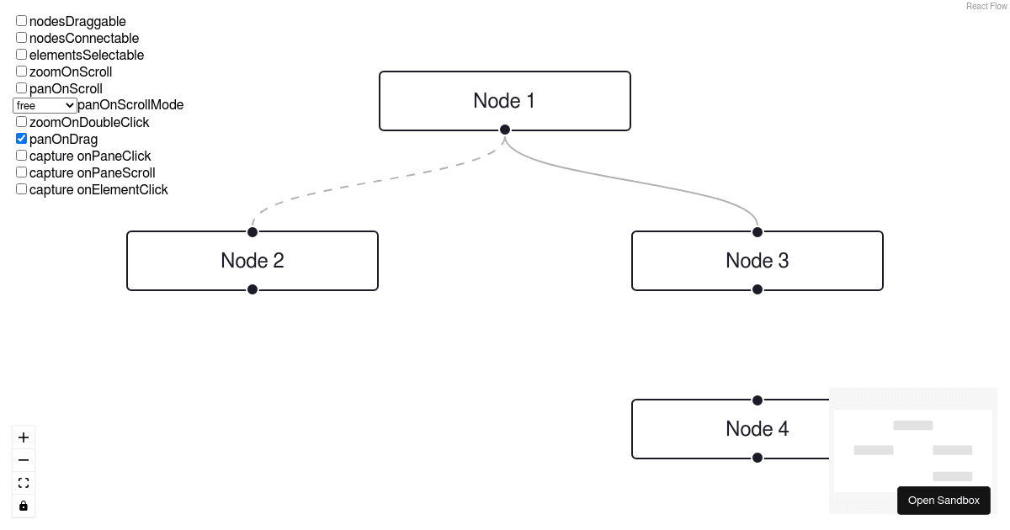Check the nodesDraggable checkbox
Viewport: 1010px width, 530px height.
pyautogui.click(x=22, y=21)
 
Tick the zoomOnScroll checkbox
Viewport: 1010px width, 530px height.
pyautogui.click(x=22, y=72)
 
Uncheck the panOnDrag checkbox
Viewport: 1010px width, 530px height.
pyautogui.click(x=22, y=139)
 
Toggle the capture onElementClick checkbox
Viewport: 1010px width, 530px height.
pyautogui.click(x=22, y=189)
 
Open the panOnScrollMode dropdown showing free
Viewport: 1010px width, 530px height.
pyautogui.click(x=45, y=105)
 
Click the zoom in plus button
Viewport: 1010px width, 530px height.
pyautogui.click(x=24, y=437)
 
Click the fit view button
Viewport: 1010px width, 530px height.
pyautogui.click(x=24, y=483)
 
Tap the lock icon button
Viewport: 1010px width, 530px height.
pyautogui.click(x=24, y=506)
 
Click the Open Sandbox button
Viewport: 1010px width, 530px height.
pyautogui.click(x=944, y=501)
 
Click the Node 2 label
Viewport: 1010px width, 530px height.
pyautogui.click(x=252, y=261)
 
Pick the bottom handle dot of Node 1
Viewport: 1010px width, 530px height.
pyautogui.click(x=505, y=130)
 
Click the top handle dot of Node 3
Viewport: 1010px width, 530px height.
pyautogui.click(x=757, y=232)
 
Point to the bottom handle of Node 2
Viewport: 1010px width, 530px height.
pyautogui.click(x=252, y=289)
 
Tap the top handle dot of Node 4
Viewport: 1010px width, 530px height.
pyautogui.click(x=757, y=400)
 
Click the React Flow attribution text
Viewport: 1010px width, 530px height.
pyautogui.click(x=986, y=6)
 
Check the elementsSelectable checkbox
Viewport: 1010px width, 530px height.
pyautogui.click(x=22, y=55)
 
